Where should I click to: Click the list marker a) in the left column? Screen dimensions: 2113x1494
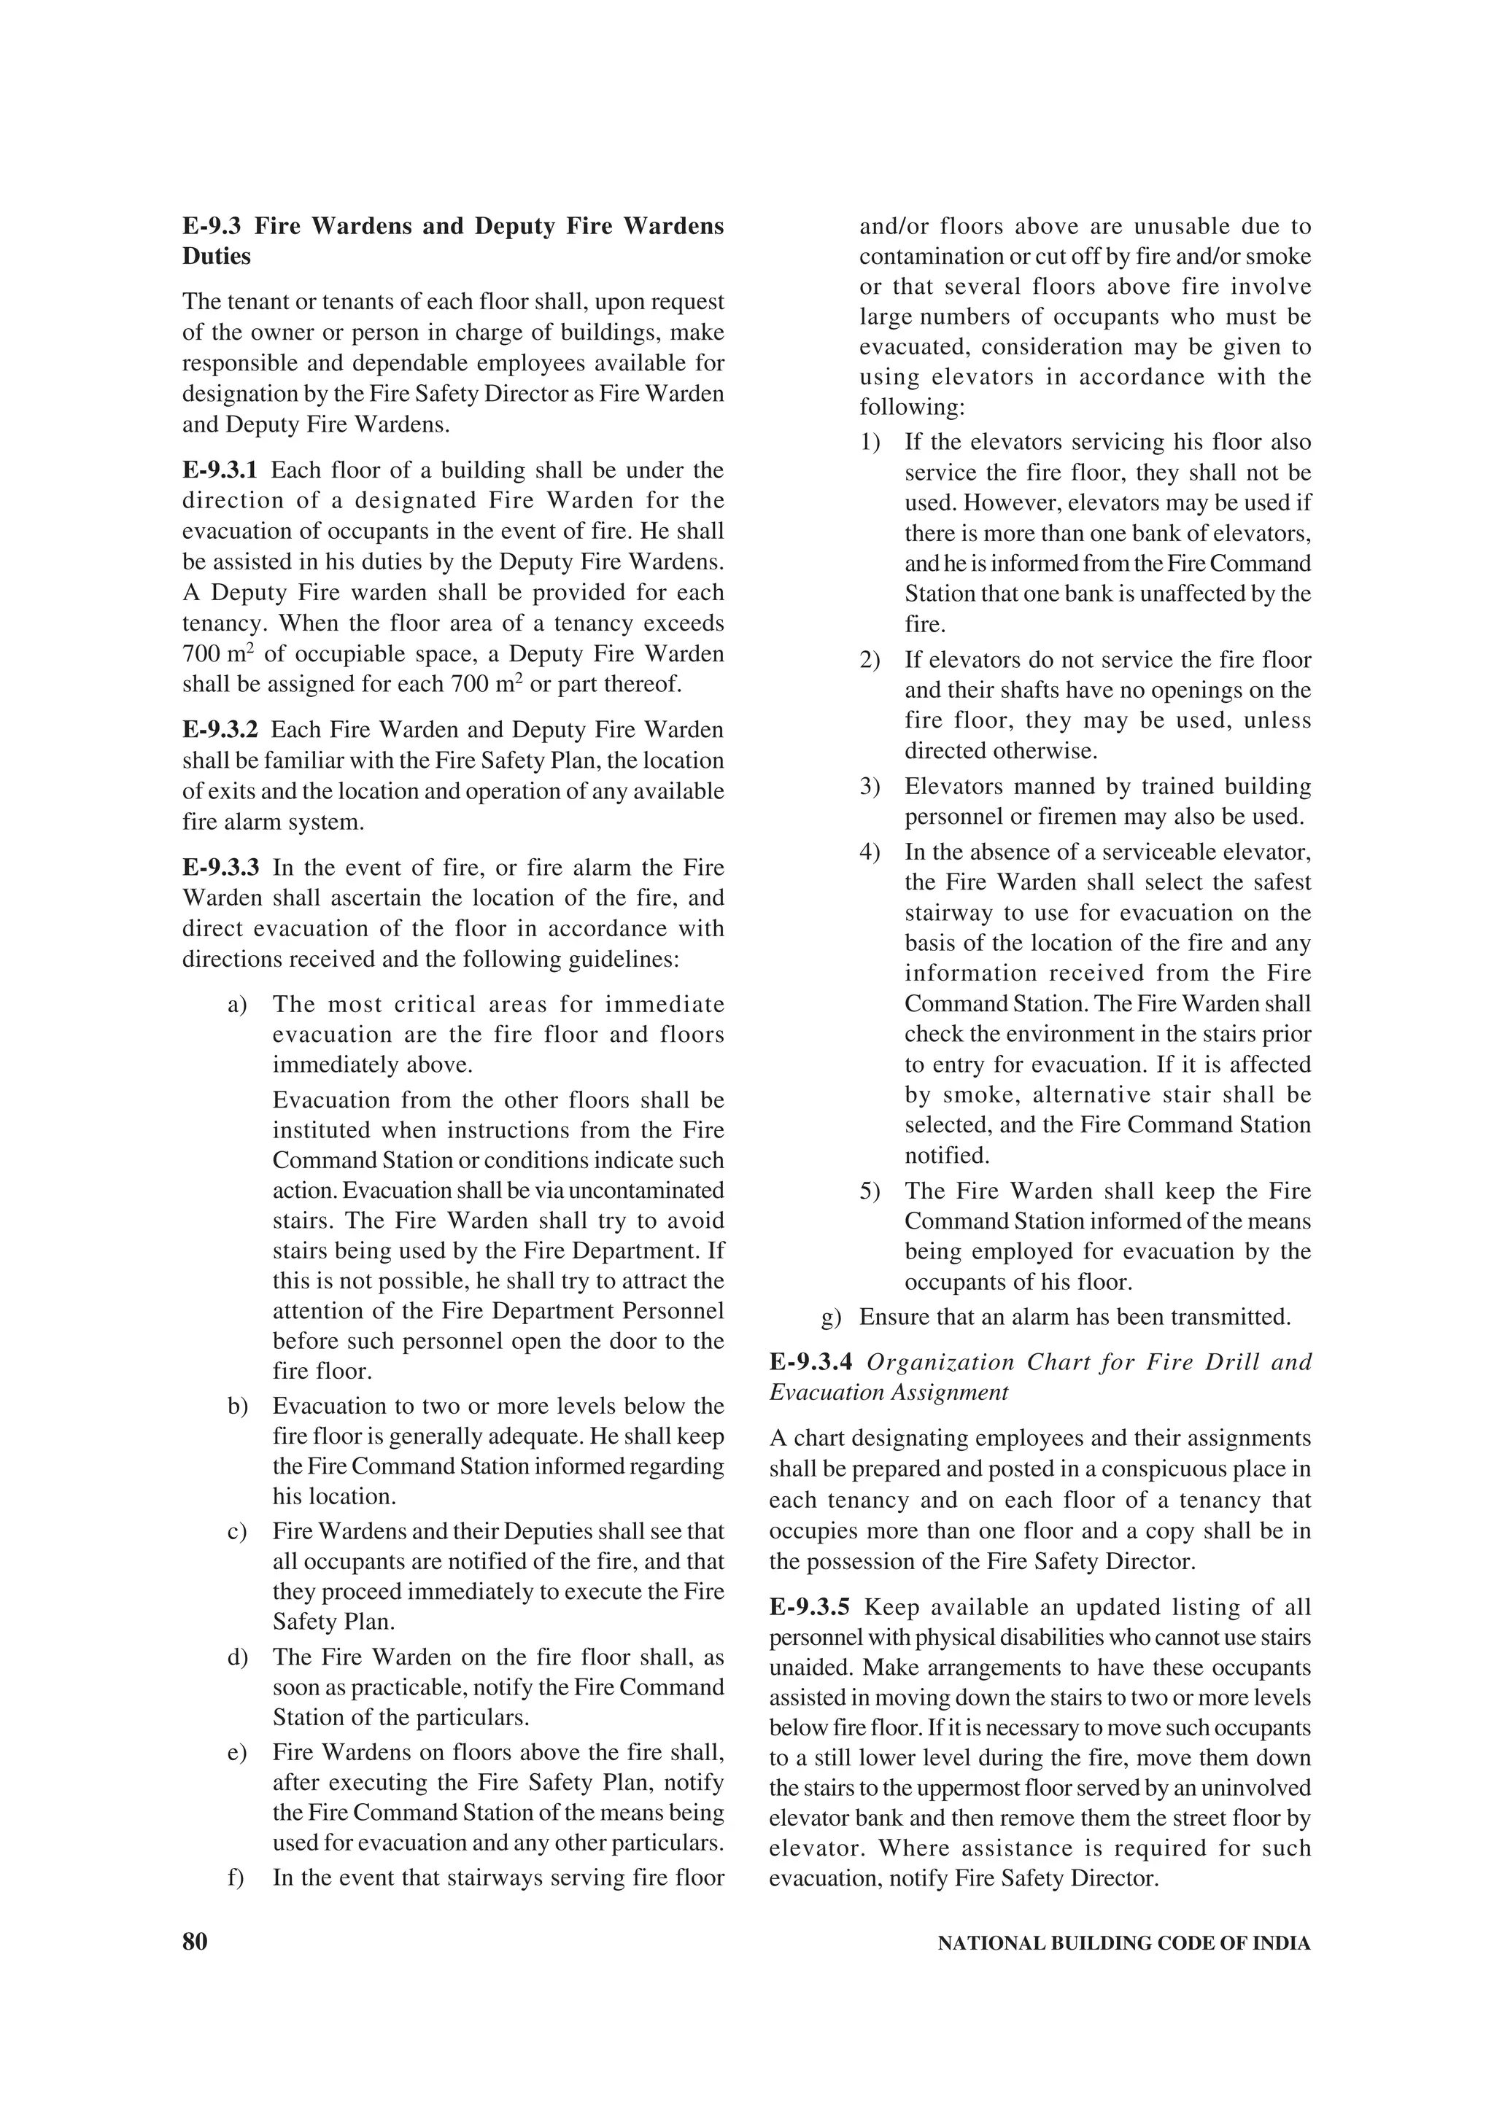(x=238, y=1004)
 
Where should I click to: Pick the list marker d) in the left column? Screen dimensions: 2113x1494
(x=238, y=1657)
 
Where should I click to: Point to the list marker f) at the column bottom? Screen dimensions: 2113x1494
(x=236, y=1877)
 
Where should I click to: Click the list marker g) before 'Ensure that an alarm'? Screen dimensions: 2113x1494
(x=831, y=1317)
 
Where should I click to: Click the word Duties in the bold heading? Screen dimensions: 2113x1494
(x=217, y=257)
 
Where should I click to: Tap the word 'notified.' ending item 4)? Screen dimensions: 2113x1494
(x=946, y=1155)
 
